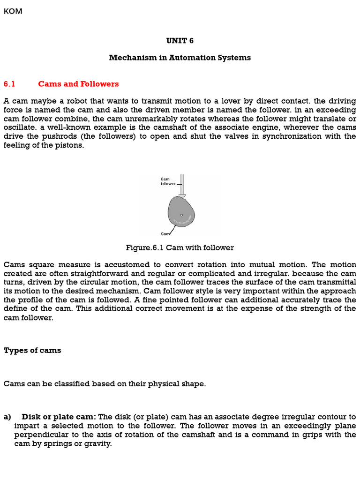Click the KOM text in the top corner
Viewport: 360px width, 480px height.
(x=13, y=11)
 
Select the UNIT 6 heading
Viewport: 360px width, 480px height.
(x=180, y=41)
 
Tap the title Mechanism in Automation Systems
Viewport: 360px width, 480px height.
(x=180, y=58)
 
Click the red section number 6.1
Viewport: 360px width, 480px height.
(x=9, y=84)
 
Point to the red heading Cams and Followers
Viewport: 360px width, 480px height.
(x=78, y=84)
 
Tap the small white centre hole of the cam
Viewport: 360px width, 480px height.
(x=181, y=215)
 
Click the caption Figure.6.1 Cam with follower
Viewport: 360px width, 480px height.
(x=180, y=247)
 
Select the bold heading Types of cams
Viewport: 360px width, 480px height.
(x=32, y=350)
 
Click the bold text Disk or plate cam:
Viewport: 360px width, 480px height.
(x=59, y=417)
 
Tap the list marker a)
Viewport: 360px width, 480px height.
(x=7, y=417)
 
